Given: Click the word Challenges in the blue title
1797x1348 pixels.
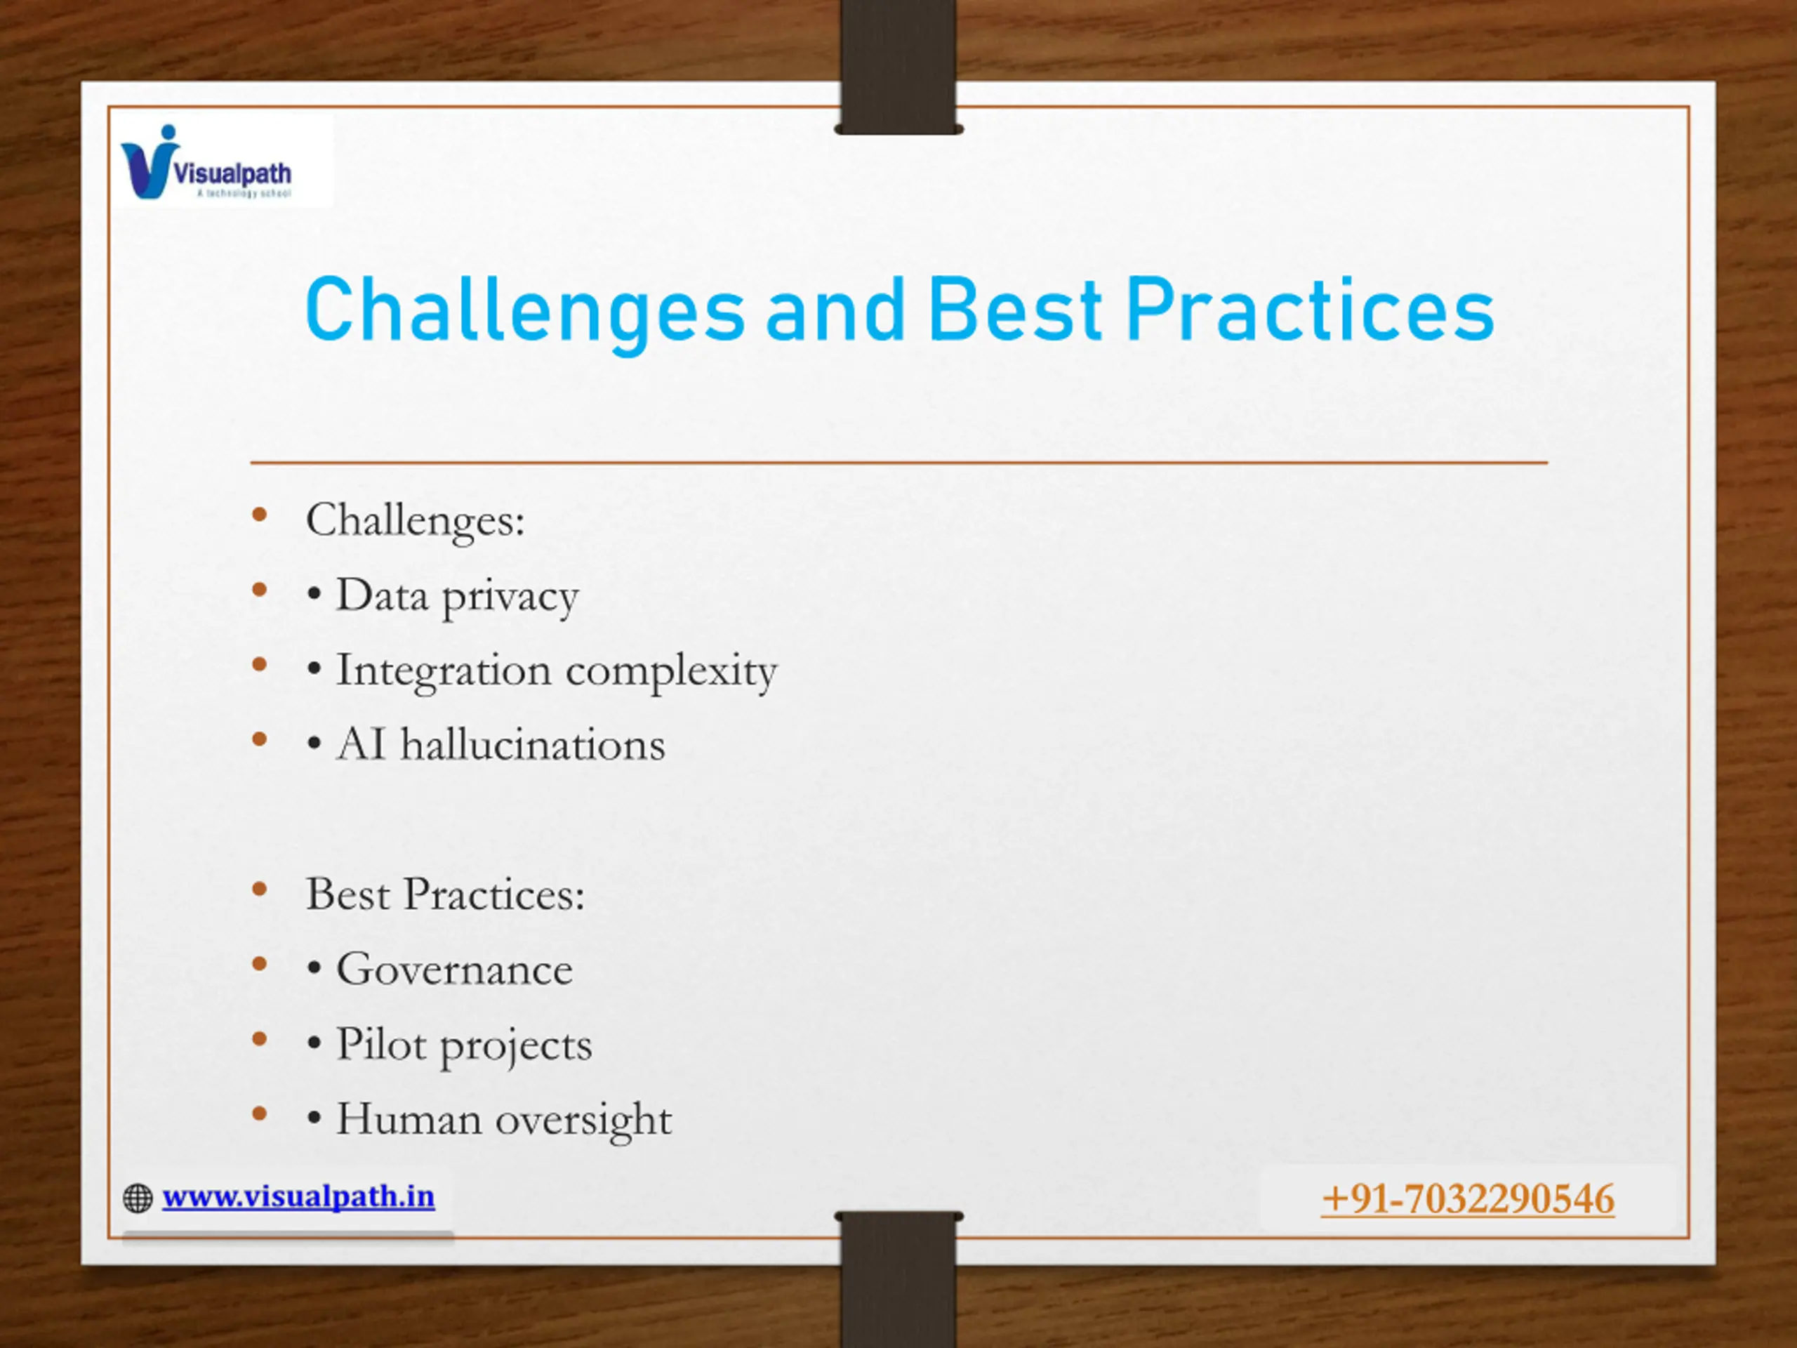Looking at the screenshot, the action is (x=525, y=312).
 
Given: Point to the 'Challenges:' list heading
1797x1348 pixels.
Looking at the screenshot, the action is (x=415, y=521).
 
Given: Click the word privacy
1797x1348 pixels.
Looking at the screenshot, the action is (x=510, y=598).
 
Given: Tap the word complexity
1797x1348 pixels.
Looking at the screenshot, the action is (x=671, y=672).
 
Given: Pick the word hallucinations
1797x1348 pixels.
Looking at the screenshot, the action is (x=533, y=744).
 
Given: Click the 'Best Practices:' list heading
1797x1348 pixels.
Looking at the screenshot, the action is (x=445, y=894).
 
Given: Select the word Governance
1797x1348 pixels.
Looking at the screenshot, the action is (x=454, y=969).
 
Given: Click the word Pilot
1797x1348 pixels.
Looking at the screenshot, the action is (x=380, y=1043).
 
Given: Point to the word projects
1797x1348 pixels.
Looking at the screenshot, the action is (x=516, y=1048).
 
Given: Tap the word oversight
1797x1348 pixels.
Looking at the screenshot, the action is (x=584, y=1121).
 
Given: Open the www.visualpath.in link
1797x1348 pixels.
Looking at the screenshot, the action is (x=298, y=1197).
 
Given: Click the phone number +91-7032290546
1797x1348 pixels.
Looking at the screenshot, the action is (x=1468, y=1199).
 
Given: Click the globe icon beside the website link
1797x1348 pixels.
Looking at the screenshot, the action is (x=138, y=1198).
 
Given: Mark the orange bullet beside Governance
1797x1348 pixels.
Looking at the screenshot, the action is (x=260, y=965).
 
